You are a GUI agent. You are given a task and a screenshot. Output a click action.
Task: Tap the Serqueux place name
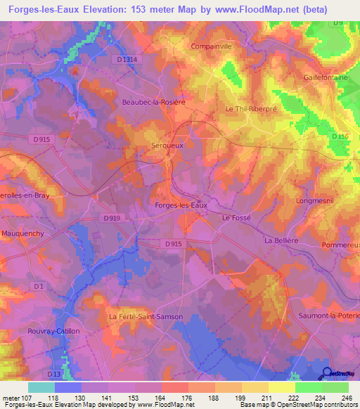pos(168,145)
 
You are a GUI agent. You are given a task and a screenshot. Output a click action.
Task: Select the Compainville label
pos(211,46)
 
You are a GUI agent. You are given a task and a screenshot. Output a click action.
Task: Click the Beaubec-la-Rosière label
pos(153,103)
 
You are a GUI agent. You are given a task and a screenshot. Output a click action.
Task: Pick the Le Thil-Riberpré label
pos(250,110)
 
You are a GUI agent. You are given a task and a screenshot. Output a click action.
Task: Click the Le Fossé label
pos(236,219)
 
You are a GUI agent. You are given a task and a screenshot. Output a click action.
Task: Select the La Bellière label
pos(278,240)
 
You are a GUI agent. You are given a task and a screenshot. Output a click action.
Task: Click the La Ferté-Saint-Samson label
pos(146,317)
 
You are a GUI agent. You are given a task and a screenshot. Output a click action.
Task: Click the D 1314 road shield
pos(127,60)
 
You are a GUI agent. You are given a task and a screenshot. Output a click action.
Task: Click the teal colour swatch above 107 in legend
pos(41,387)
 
